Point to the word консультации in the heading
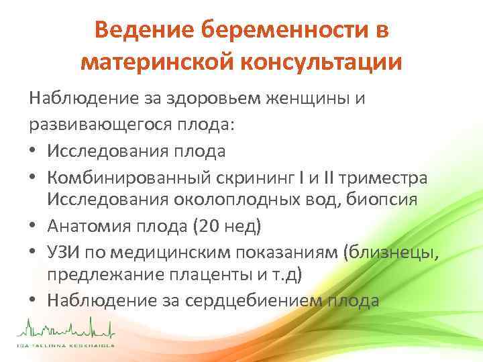tap(323, 62)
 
